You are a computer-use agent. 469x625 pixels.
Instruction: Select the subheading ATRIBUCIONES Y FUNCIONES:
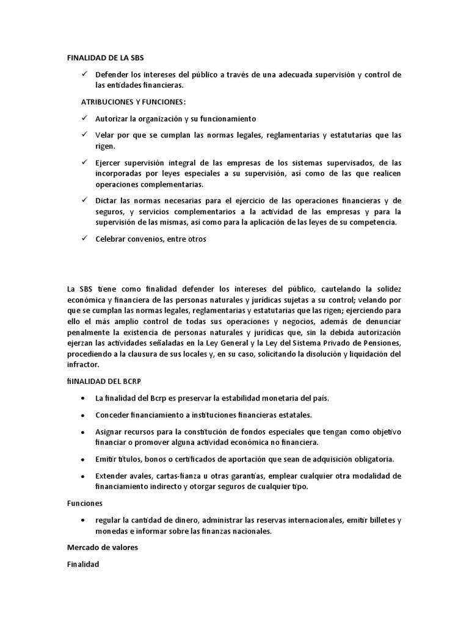pyautogui.click(x=133, y=101)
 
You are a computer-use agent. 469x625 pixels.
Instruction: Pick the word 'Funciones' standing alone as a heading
pyautogui.click(x=84, y=504)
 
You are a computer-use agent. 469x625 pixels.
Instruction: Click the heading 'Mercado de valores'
pyautogui.click(x=103, y=547)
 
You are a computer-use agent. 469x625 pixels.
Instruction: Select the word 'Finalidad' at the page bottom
pyautogui.click(x=83, y=565)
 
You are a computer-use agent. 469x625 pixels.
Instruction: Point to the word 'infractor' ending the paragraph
pyautogui.click(x=82, y=364)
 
